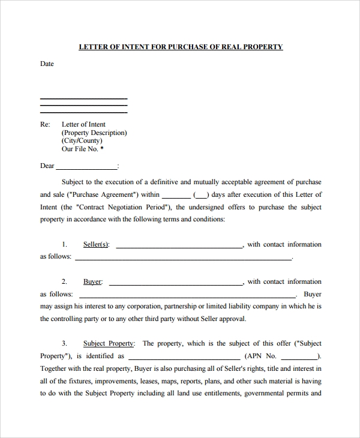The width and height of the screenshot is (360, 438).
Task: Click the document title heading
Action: [181, 47]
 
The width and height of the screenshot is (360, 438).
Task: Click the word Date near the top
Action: [47, 64]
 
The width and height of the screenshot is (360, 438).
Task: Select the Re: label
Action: [45, 125]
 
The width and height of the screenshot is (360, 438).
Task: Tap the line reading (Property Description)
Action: [94, 133]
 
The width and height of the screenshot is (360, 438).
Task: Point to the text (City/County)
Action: [82, 141]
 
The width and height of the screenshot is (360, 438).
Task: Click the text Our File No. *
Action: [82, 149]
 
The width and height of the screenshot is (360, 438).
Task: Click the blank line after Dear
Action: [87, 167]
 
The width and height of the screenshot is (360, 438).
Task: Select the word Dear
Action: [47, 166]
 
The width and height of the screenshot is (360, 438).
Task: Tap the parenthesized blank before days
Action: [201, 195]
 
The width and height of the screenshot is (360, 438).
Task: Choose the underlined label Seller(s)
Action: [96, 245]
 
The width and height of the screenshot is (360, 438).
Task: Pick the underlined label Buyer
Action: [92, 282]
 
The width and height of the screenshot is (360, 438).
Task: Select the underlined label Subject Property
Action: [109, 344]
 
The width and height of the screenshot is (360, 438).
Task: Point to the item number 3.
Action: [64, 344]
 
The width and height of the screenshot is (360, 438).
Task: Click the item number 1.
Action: [64, 245]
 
